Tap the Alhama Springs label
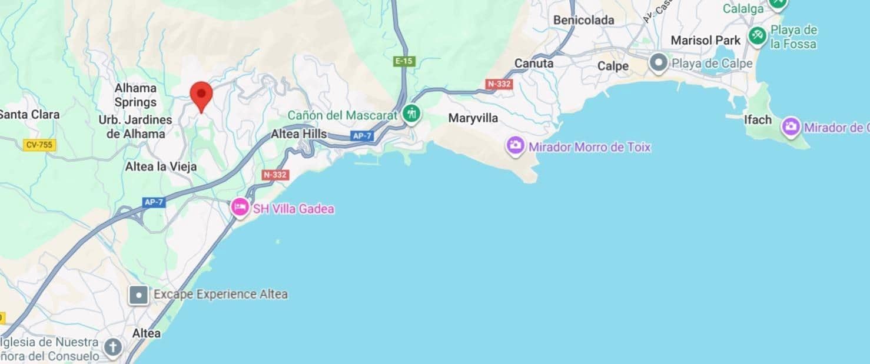point(135,95)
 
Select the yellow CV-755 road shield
point(39,145)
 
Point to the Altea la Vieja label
point(161,167)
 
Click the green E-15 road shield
point(404,61)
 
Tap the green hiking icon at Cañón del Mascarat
point(411,114)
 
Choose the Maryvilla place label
point(473,118)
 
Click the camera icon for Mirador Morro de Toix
point(516,145)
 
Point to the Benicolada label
point(583,20)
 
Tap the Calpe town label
point(613,66)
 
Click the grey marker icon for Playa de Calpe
point(658,63)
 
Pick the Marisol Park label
point(705,41)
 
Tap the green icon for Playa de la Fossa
point(758,36)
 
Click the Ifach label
point(758,120)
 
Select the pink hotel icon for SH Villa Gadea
point(240,208)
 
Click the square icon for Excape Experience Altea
point(138,295)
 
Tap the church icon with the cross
point(112,348)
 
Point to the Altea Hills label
point(298,134)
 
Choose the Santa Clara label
point(29,114)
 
